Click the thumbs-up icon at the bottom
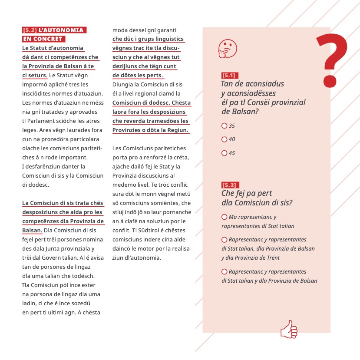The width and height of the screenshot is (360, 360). point(289,329)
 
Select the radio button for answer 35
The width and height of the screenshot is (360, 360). point(224,126)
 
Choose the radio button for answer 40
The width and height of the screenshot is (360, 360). point(224,139)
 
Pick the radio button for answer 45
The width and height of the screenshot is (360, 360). point(224,153)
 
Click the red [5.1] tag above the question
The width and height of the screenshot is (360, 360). point(229,76)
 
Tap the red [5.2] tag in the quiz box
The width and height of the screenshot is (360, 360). point(229,185)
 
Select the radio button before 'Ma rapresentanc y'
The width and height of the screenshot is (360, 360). point(224,217)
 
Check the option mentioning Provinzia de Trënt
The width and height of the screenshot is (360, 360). point(224,240)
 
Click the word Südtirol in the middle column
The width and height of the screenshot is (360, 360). point(152,230)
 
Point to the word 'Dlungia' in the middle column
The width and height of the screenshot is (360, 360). point(123,85)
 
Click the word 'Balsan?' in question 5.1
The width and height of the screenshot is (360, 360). point(238,112)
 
